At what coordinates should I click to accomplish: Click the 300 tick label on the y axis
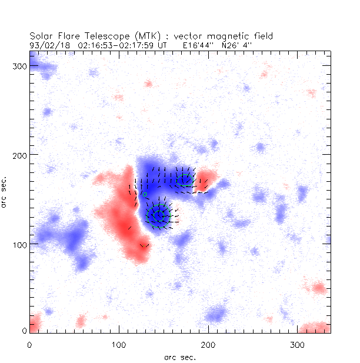pyautogui.click(x=21, y=66)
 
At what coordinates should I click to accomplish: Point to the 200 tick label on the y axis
pyautogui.click(x=21, y=154)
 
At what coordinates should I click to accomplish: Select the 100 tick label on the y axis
pyautogui.click(x=21, y=243)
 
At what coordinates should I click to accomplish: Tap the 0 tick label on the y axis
pyautogui.click(x=24, y=331)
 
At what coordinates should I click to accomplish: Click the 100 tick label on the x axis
pyautogui.click(x=119, y=344)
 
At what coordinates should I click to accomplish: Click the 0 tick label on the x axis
pyautogui.click(x=29, y=344)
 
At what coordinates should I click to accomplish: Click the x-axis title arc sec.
pyautogui.click(x=179, y=357)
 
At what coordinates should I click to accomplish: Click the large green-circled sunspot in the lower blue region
pyautogui.click(x=158, y=216)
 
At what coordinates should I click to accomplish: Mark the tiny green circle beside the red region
pyautogui.click(x=145, y=194)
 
